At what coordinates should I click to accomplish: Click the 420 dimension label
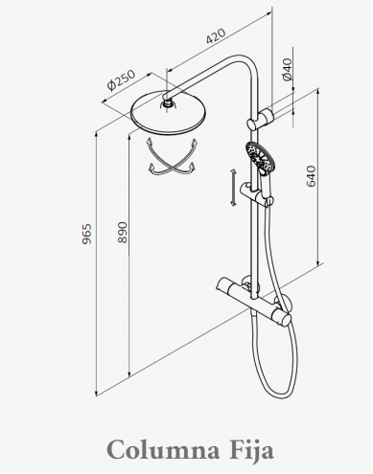(216, 35)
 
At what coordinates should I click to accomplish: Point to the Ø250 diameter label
(122, 80)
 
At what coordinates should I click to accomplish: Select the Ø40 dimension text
(288, 69)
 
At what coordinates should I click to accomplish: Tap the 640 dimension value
(311, 176)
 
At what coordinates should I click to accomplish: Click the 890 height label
(123, 233)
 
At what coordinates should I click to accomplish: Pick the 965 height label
(86, 234)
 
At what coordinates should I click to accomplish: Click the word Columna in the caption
(163, 450)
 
